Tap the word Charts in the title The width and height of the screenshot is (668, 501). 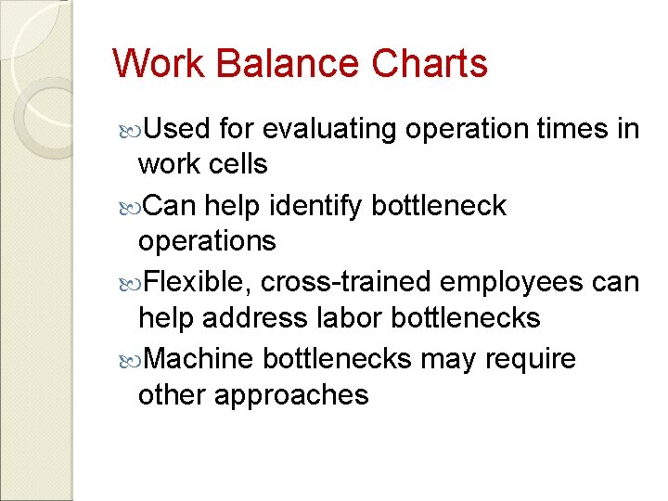tap(430, 64)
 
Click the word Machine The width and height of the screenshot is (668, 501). tap(201, 358)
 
